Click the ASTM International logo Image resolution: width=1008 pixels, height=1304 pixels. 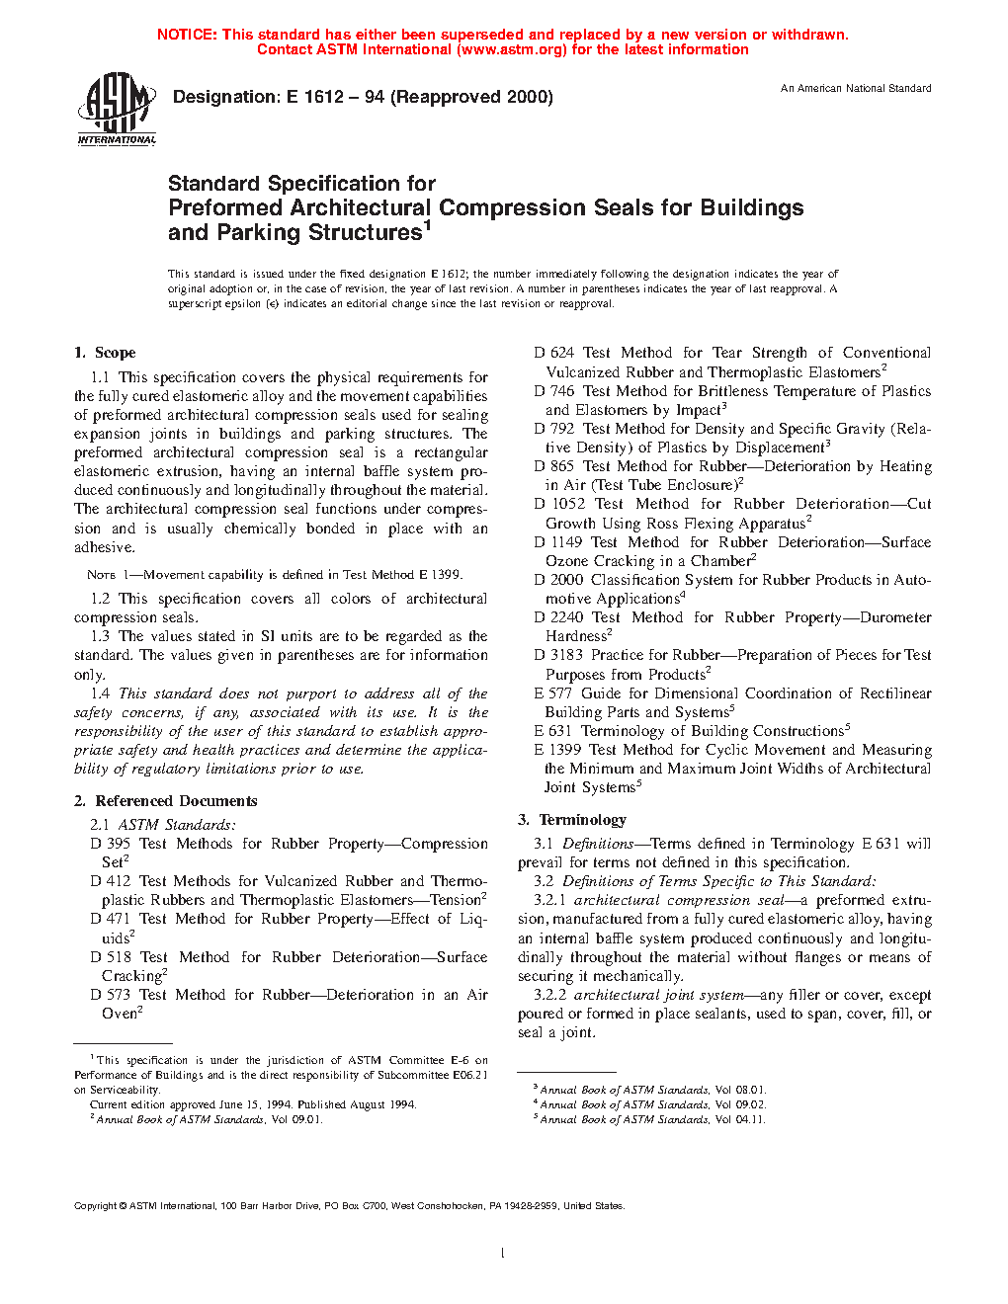pos(117,109)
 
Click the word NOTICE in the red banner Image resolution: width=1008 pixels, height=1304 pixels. pos(186,35)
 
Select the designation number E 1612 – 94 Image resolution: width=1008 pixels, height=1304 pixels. pos(336,97)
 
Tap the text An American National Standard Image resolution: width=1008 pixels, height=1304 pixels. pos(856,89)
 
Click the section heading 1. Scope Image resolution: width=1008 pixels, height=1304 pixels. pos(105,353)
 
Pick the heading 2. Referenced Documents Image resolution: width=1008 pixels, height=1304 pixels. pos(166,801)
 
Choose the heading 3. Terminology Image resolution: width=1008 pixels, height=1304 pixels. pos(572,820)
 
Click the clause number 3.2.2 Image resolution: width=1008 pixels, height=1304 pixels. pos(549,995)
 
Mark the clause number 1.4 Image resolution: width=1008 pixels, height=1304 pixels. pos(100,693)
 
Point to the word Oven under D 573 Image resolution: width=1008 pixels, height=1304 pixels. pos(119,1014)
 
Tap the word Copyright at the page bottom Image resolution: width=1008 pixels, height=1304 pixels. pos(96,1206)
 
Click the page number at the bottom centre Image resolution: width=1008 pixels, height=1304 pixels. pos(503,1254)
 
